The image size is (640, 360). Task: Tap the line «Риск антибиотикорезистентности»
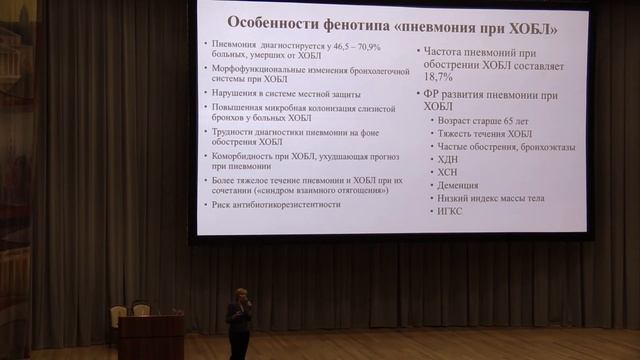pos(276,204)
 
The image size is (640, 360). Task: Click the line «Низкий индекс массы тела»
pos(491,198)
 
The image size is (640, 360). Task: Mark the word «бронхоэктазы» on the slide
pos(540,146)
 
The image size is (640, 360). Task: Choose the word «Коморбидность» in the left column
pos(241,156)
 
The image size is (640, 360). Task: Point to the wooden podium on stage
pos(150,336)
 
